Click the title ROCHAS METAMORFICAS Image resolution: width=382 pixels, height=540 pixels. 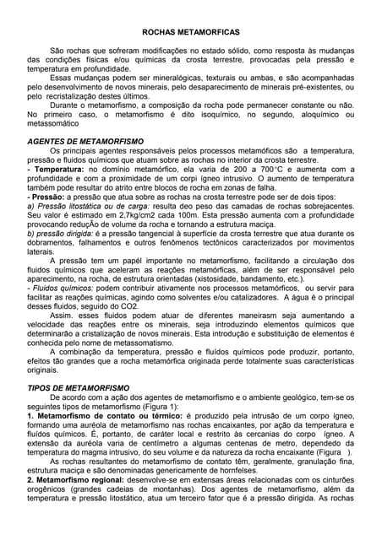[x=191, y=30]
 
